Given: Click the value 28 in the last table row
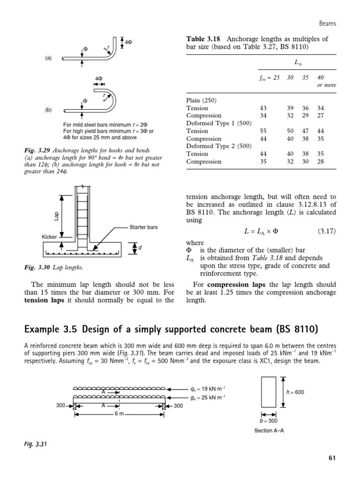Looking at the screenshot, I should tap(320, 162).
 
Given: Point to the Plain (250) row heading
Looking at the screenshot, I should tap(202, 100).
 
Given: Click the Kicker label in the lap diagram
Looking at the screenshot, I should tap(49, 237).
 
